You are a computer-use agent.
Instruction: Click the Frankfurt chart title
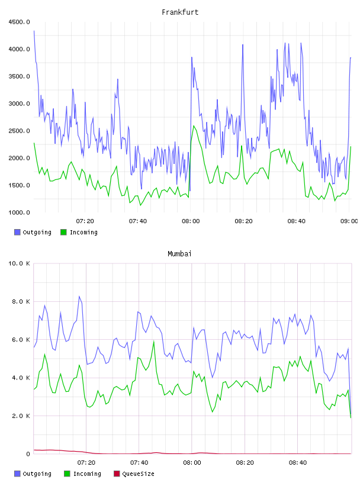180,12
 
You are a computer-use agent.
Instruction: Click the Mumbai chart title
179,253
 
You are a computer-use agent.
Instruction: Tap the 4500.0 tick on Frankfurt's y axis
19,22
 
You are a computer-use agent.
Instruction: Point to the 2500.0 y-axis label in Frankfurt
19,131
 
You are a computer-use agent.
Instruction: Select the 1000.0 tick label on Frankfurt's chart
19,212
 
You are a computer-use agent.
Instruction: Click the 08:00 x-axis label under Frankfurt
191,221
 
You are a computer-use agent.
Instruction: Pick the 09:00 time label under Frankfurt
349,221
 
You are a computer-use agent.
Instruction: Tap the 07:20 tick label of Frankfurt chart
85,221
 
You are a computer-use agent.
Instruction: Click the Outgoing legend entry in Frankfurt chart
33,232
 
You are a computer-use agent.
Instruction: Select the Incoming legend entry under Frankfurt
79,232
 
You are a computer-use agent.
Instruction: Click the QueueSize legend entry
134,474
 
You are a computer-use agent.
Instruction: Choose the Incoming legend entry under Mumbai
83,474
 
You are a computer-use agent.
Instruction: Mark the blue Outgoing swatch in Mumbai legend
17,474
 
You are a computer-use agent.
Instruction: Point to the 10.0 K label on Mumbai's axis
19,263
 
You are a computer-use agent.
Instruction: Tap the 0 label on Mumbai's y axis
28,454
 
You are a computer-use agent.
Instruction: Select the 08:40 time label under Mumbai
298,462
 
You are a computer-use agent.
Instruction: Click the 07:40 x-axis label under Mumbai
139,462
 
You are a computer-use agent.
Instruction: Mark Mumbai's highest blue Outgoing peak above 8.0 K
79,297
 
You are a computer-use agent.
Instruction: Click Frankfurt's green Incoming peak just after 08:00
194,125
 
